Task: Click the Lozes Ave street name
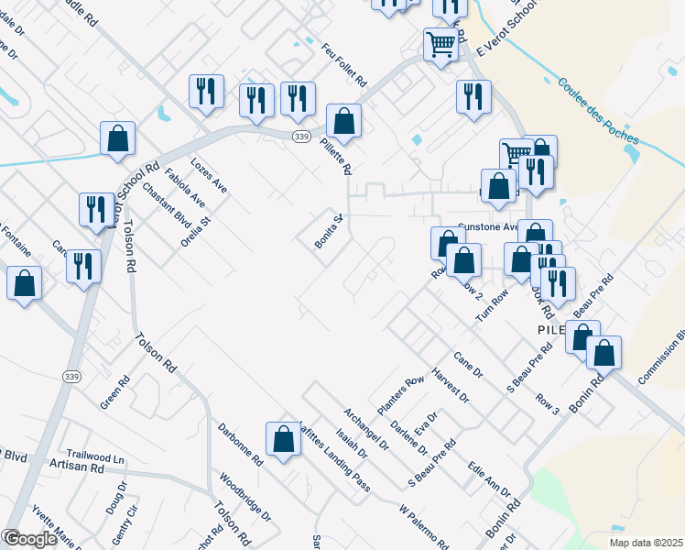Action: (x=208, y=175)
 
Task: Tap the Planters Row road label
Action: (x=401, y=393)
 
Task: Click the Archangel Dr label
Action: (x=366, y=428)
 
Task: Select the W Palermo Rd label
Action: (x=423, y=525)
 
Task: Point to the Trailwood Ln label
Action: (x=93, y=457)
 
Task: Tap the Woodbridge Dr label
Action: (x=245, y=497)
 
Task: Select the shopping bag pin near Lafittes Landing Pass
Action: (x=284, y=439)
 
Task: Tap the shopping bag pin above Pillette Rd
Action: (x=343, y=121)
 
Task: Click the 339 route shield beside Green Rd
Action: (x=71, y=376)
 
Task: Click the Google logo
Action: (x=29, y=539)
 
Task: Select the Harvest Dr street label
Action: (x=451, y=386)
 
